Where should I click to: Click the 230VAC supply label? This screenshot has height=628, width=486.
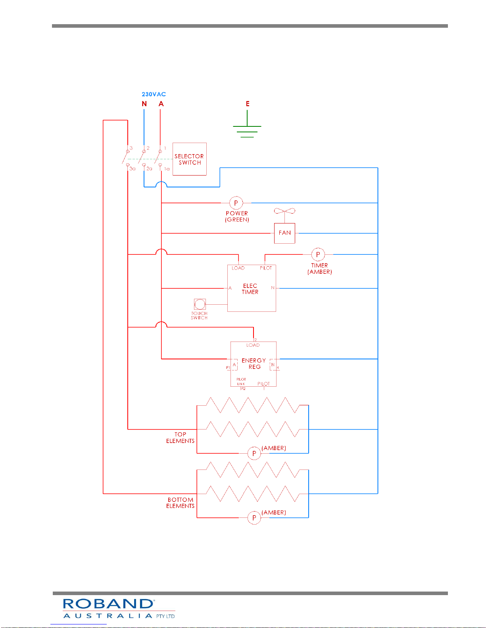coord(154,94)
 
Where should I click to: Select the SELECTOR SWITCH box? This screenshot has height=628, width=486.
coord(190,159)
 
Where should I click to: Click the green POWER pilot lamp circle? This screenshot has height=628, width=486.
coord(236,203)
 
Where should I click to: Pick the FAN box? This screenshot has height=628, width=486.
coord(285,233)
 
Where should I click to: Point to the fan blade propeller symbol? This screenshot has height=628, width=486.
coord(285,211)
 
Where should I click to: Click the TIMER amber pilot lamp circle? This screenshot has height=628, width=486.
coord(318,254)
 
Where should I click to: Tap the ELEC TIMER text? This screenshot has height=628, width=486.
coord(250,289)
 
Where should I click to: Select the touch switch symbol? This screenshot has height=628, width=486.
coord(200,304)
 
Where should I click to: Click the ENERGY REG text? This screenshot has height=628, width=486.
coord(254,364)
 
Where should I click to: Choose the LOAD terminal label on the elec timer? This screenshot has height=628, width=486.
coord(238,268)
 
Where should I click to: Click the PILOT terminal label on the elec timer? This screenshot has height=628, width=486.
coord(266,268)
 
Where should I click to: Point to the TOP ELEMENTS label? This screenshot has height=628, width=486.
coord(180,437)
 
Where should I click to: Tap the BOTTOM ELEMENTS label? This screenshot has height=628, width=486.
coord(180,502)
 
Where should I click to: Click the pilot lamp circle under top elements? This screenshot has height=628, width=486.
coord(254,453)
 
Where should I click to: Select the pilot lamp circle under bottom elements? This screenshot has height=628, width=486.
coord(254,517)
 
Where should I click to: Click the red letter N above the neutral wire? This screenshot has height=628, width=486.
coord(144,104)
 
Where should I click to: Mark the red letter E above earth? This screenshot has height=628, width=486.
coord(248,104)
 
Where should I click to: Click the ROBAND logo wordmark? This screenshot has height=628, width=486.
coord(108,604)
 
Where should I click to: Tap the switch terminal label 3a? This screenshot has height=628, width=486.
coord(133,168)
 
